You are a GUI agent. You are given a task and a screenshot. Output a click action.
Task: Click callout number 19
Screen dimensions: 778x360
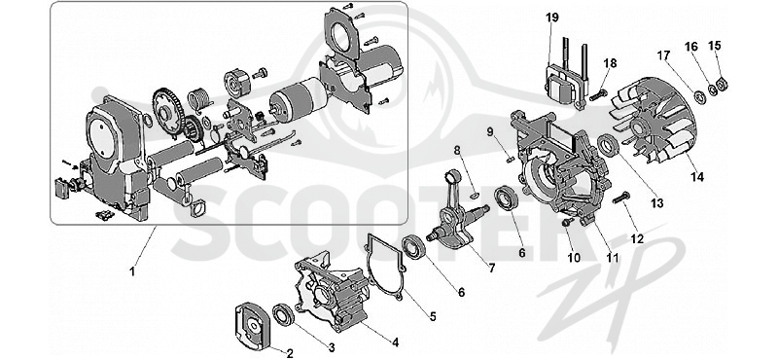tap(552, 18)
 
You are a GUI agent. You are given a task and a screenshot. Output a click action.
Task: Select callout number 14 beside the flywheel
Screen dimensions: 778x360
tap(697, 177)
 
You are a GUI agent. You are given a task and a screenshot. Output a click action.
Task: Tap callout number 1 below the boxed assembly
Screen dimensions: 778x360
tap(132, 271)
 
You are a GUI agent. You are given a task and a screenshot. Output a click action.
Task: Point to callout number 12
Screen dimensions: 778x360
tap(637, 238)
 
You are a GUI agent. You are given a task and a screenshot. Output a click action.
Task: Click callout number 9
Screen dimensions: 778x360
tap(490, 132)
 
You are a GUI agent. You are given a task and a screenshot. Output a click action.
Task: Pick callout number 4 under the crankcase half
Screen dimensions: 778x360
tap(395, 342)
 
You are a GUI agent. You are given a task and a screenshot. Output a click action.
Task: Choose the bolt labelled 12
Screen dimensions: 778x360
tap(620, 198)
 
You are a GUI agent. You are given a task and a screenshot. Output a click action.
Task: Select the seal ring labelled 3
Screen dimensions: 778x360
tap(284, 315)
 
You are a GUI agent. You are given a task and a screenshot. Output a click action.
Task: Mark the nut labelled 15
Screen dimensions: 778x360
tap(724, 84)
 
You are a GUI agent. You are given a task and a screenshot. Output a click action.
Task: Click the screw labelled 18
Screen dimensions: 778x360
tap(598, 94)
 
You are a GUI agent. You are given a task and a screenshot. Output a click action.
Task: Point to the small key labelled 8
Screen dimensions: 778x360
tap(473, 195)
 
